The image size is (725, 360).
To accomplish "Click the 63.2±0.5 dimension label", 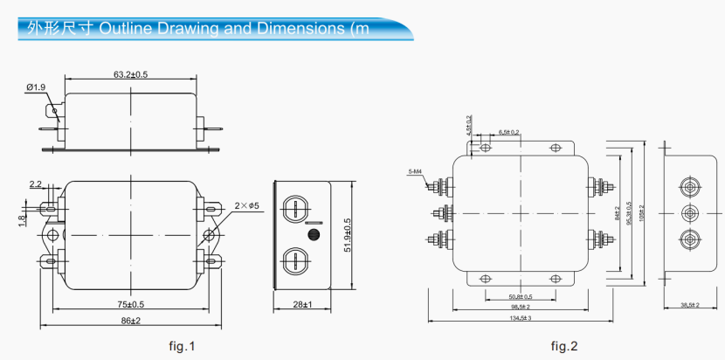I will [130, 74].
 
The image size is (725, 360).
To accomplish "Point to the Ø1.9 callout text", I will [36, 87].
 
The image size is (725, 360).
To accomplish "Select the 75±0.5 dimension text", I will [130, 305].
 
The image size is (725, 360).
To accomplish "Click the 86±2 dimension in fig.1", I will [130, 322].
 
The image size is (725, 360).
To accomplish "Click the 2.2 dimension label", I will [35, 184].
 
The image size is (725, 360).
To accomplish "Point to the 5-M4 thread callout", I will [415, 171].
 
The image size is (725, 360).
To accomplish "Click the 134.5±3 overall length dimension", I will [521, 318].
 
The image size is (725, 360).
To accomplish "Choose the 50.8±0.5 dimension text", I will [521, 297].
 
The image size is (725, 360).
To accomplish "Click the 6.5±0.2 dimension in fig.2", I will [509, 132].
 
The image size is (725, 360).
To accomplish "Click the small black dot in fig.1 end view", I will [313, 235].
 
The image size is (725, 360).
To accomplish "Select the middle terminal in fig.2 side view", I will [690, 213].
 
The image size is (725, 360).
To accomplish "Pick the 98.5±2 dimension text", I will [521, 308].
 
